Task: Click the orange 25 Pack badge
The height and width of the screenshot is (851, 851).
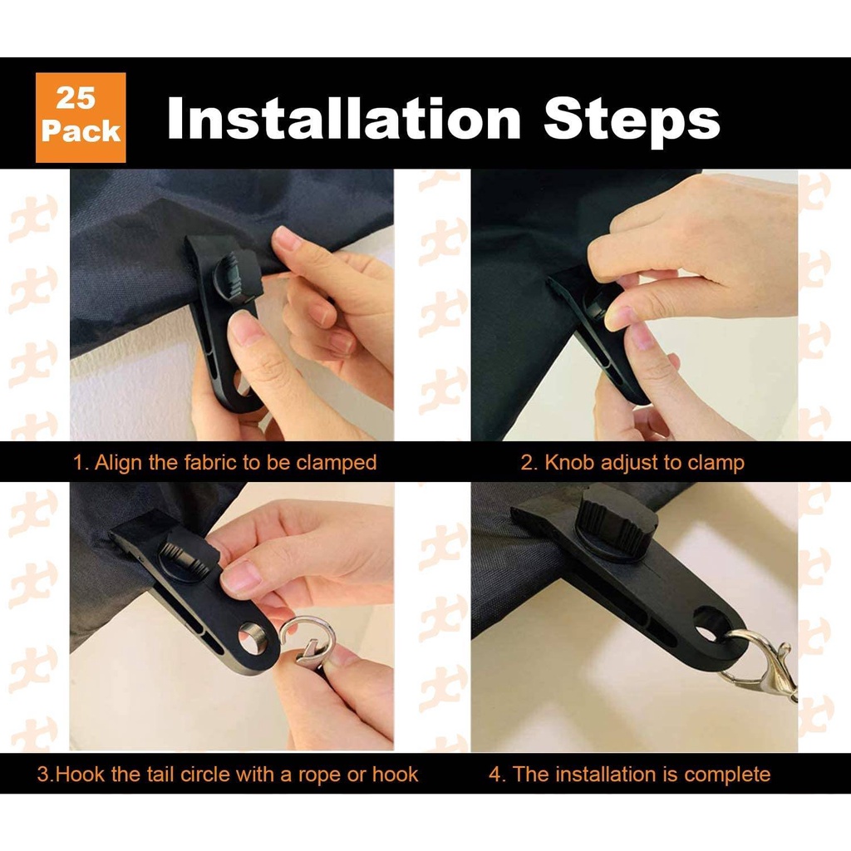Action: coord(81,117)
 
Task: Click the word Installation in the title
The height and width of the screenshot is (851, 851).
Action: coord(344,118)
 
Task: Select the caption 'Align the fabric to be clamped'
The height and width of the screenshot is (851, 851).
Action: coord(235,462)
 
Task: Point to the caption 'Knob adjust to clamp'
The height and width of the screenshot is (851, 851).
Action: coord(644,462)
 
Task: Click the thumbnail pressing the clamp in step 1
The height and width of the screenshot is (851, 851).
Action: coord(243,328)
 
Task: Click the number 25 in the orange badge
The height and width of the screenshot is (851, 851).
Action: coord(76,98)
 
